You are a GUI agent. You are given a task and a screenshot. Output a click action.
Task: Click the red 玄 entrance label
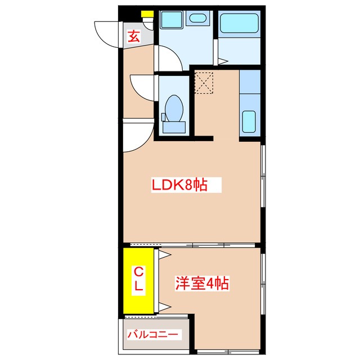[x=133, y=37]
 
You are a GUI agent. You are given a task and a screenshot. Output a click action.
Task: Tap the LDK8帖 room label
[x=178, y=184]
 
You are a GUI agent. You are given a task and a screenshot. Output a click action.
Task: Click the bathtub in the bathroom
[x=238, y=25]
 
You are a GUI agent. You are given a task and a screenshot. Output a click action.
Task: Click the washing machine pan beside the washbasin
[x=170, y=20]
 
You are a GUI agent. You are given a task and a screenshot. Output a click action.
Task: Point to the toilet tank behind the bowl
[x=174, y=127]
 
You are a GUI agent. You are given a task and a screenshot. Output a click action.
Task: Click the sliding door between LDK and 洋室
[x=191, y=245]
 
